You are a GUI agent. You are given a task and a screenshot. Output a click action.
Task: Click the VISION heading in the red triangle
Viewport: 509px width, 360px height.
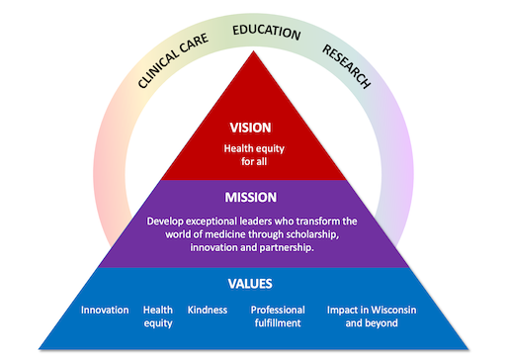250,128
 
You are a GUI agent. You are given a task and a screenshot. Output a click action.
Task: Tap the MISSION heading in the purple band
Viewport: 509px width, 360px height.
250,197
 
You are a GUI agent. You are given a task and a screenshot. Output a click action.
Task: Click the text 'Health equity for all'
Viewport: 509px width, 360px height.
250,156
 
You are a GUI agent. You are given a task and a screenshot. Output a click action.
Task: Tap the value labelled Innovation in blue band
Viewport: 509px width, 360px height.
105,310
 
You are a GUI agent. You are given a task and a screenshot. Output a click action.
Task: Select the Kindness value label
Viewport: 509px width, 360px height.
208,310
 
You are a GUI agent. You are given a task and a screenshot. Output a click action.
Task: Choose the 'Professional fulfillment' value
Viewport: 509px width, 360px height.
278,315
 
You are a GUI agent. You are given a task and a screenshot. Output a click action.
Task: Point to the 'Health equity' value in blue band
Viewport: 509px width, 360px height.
158,315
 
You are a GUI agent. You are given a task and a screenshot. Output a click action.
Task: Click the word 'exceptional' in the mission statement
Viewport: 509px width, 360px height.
218,221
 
